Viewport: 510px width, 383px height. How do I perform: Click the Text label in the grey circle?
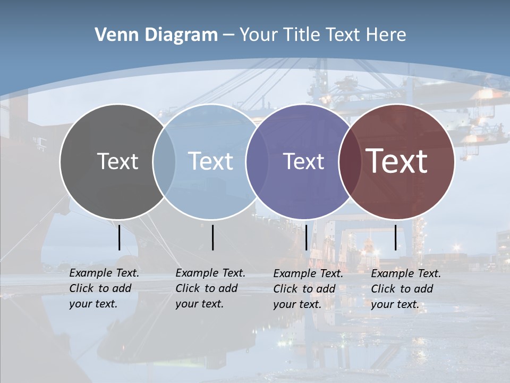(117, 161)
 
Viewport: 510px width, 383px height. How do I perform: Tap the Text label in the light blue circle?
(211, 161)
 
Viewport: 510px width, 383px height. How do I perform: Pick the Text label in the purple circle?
(304, 161)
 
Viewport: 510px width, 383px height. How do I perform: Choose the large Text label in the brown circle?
(397, 161)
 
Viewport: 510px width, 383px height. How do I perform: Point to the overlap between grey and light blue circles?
(164, 161)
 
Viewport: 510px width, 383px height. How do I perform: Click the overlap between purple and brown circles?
(348, 161)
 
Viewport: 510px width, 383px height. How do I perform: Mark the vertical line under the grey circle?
(119, 237)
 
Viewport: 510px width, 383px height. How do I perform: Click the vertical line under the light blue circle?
(212, 237)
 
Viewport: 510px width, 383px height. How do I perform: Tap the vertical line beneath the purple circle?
(307, 237)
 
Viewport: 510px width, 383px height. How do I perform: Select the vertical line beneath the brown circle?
(395, 237)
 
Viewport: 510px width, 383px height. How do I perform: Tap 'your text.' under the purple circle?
(297, 305)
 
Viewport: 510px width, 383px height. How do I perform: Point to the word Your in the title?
(259, 35)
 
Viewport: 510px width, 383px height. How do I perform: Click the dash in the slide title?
(228, 35)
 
